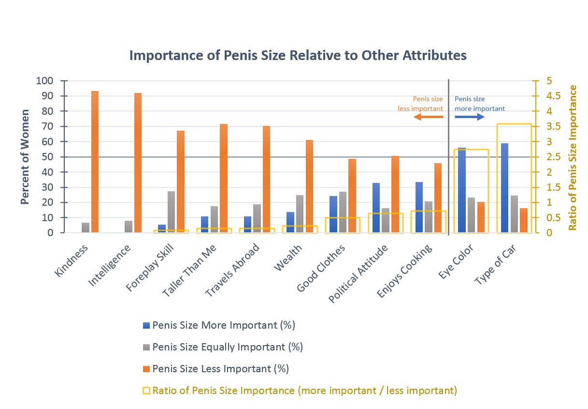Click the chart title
tap(298, 55)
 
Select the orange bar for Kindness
tap(95, 162)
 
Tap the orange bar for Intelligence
tap(138, 163)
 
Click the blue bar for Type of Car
tap(505, 188)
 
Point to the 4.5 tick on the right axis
tap(551, 96)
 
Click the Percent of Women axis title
tap(25, 157)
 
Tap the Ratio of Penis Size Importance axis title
tap(573, 157)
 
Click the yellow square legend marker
tap(147, 390)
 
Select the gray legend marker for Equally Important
tap(147, 347)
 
